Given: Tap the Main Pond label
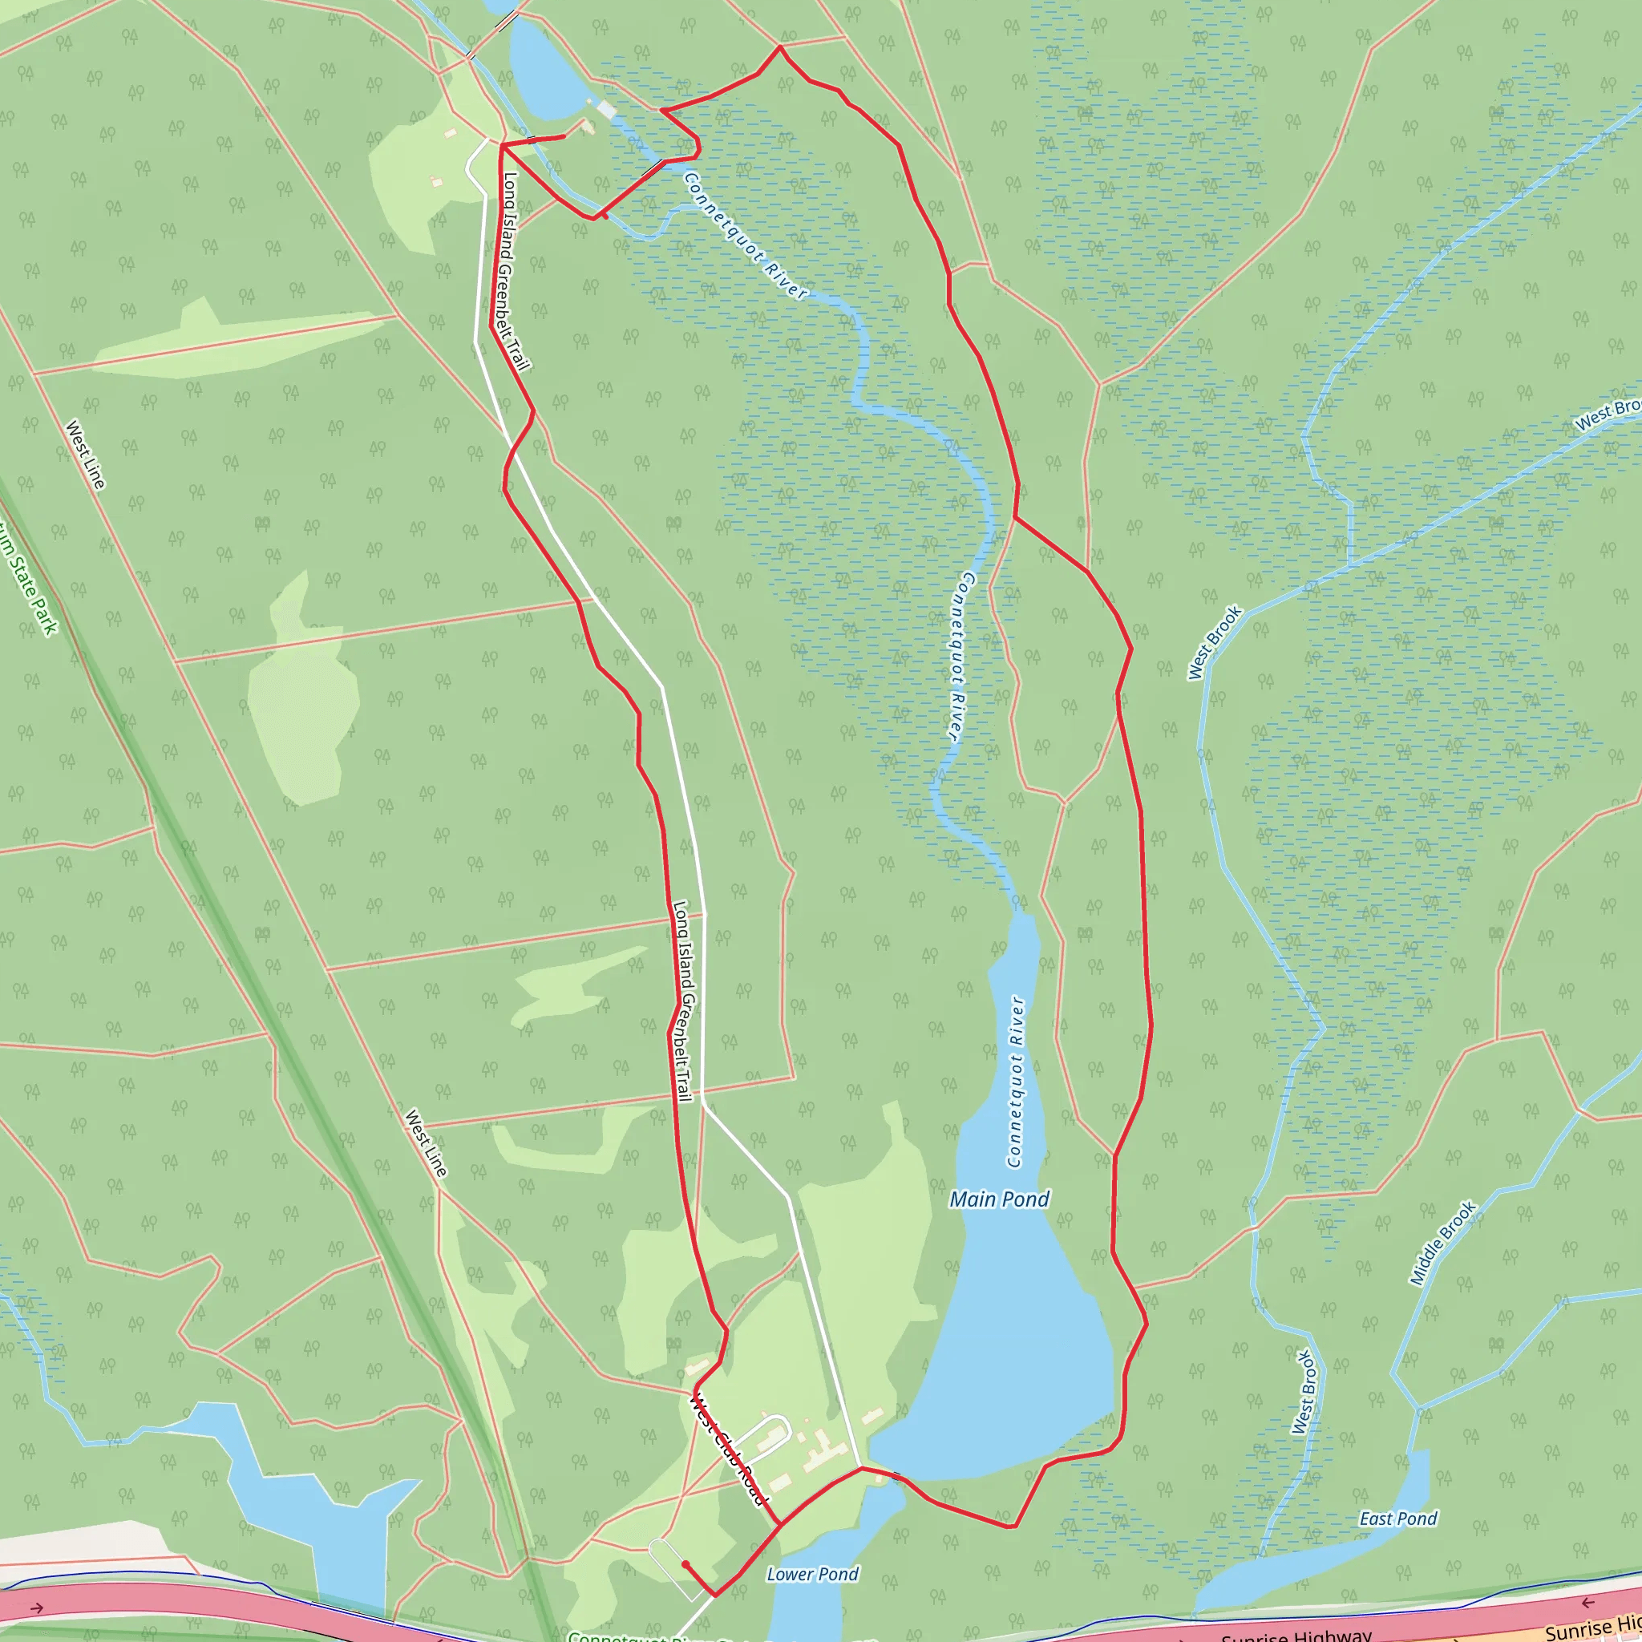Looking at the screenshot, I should coord(1000,1199).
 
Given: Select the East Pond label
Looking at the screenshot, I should coord(1398,1519).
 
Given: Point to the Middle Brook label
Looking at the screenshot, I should coord(1443,1244).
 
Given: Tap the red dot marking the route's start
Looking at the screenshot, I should coord(685,1563).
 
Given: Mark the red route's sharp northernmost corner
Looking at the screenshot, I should coord(780,47).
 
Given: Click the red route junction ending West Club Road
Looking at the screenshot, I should coord(779,1524).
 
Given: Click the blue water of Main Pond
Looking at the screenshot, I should coord(1020,1343).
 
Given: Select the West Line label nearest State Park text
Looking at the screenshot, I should coord(85,455).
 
